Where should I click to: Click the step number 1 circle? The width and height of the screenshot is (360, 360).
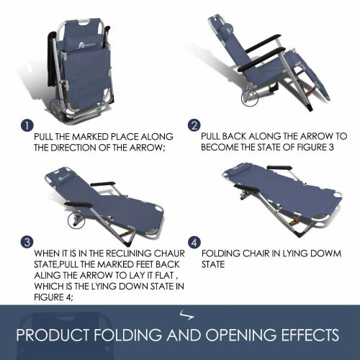[27, 125]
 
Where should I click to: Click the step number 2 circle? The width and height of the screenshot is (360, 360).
[194, 125]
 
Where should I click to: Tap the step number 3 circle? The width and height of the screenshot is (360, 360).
[27, 242]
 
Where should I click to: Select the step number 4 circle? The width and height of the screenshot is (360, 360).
[194, 243]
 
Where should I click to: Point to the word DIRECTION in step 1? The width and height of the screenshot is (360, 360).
[73, 148]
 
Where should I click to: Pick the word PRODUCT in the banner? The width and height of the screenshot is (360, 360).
[53, 335]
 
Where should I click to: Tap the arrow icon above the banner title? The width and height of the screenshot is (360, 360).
[186, 315]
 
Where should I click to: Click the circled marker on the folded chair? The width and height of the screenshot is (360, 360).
[58, 107]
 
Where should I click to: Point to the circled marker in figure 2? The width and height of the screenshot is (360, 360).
[250, 98]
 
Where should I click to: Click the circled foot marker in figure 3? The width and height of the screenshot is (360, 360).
[76, 220]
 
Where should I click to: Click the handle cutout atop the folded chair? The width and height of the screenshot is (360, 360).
[86, 23]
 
